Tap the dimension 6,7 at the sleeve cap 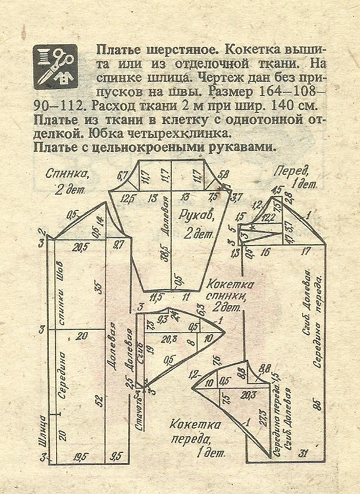click(124, 176)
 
